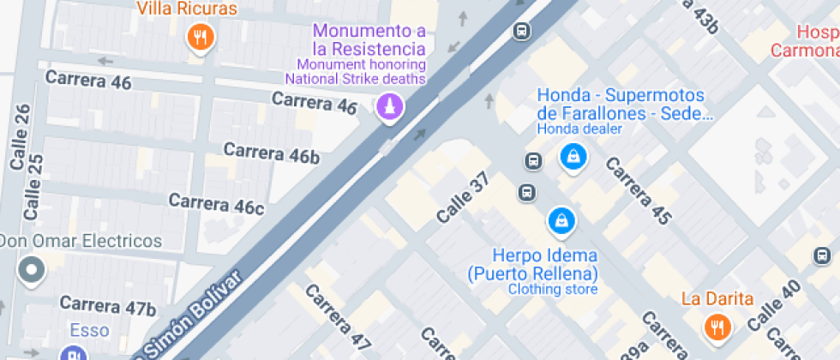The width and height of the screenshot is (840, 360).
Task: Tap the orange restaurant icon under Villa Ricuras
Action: tap(200, 36)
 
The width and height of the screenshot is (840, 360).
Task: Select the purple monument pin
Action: tap(390, 107)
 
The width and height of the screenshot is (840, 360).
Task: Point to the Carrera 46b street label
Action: tap(272, 153)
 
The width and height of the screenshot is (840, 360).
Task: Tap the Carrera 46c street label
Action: tap(216, 204)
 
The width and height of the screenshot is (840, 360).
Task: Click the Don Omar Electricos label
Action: tap(81, 241)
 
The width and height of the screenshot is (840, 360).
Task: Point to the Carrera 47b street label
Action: tap(107, 305)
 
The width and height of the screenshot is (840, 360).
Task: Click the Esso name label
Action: tap(89, 331)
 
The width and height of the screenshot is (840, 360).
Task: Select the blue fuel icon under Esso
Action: tap(74, 353)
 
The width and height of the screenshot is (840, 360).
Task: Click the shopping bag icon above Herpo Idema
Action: tap(561, 220)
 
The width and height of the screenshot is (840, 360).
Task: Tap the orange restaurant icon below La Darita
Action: tap(717, 327)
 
